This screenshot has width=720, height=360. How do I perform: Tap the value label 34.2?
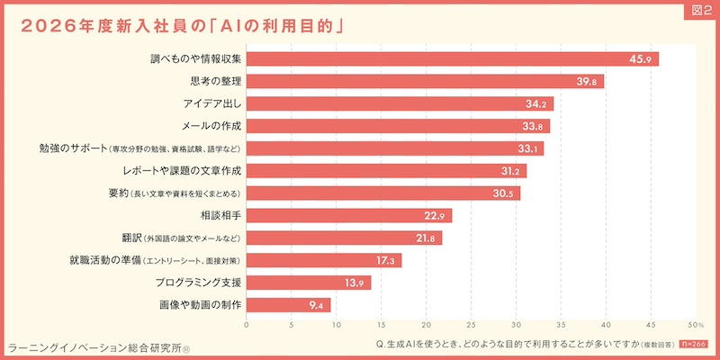pyautogui.click(x=537, y=104)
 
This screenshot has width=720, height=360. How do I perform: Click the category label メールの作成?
pyautogui.click(x=212, y=126)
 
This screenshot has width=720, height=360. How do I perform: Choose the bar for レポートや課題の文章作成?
pyautogui.click(x=386, y=171)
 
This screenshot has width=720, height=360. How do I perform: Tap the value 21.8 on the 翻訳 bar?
pyautogui.click(x=428, y=238)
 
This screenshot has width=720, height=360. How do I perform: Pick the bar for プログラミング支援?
pyautogui.click(x=309, y=283)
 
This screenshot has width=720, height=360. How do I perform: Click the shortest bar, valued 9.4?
pyautogui.click(x=288, y=305)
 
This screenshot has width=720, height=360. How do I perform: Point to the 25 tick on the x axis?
pyautogui.click(x=471, y=325)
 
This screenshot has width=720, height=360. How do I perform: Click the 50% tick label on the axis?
pyautogui.click(x=694, y=325)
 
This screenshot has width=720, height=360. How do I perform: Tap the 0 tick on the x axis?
pyautogui.click(x=247, y=325)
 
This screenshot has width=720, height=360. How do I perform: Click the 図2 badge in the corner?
pyautogui.click(x=700, y=10)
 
